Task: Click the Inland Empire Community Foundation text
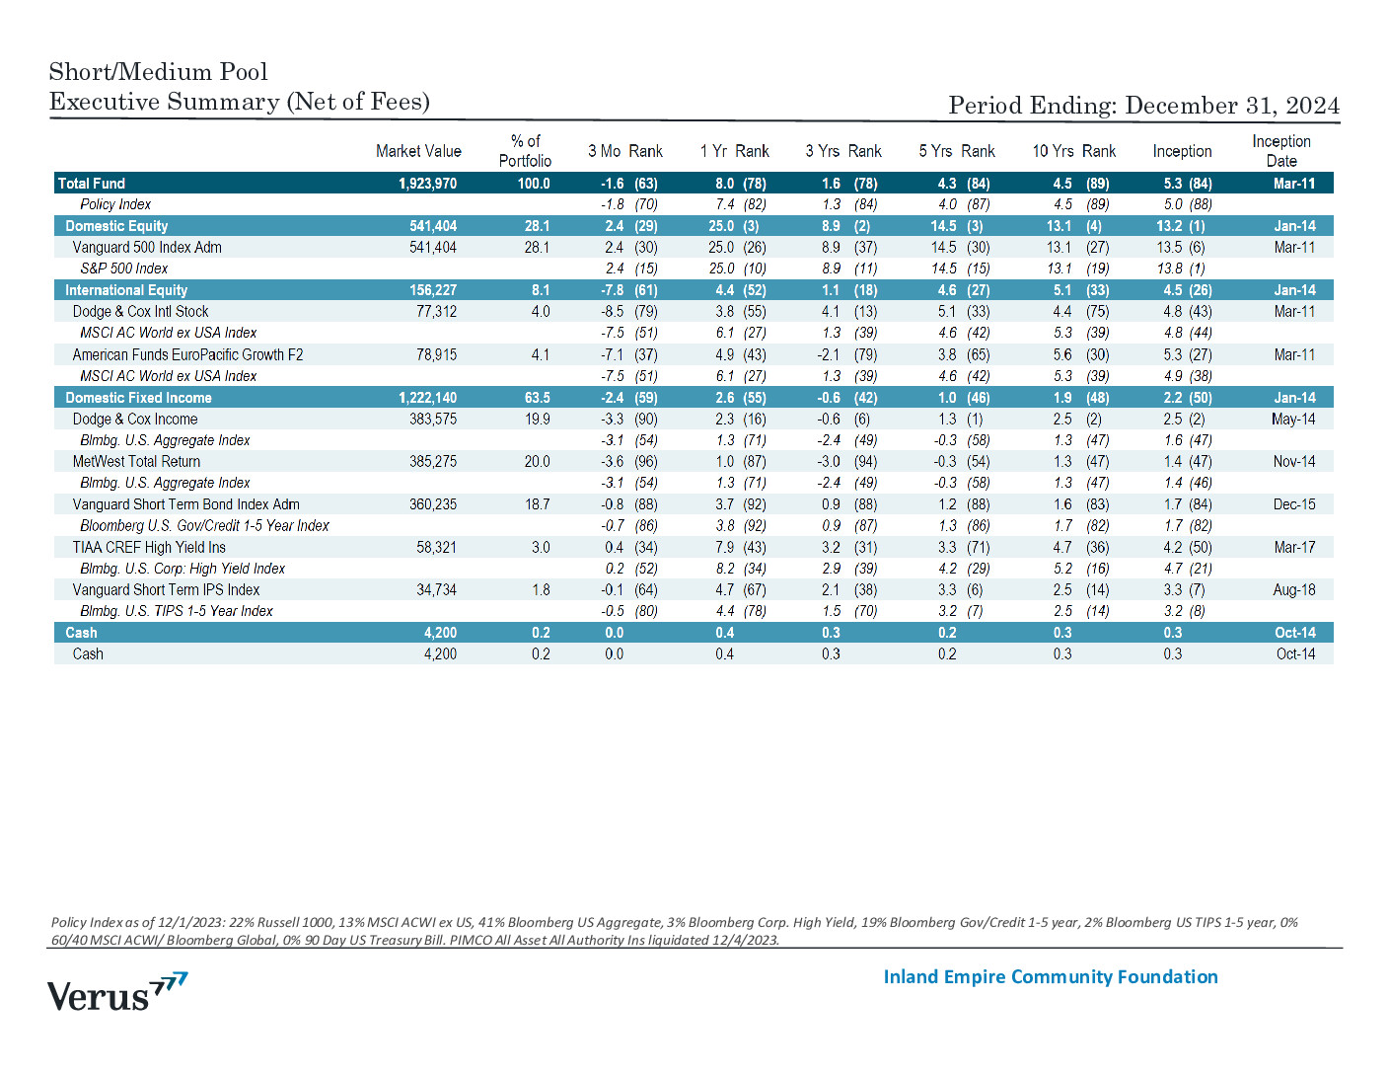pos(1051,977)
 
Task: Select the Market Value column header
pos(418,151)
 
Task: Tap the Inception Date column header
pos(1280,151)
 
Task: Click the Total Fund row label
pos(92,184)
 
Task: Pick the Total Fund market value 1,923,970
pos(427,184)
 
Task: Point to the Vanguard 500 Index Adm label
pos(147,247)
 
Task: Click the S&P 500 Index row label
pos(123,268)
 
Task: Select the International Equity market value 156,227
pos(433,290)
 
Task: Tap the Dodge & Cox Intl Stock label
pos(140,312)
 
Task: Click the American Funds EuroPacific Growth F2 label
pos(187,354)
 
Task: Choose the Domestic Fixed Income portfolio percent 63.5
pos(537,398)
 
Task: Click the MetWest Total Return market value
pos(433,461)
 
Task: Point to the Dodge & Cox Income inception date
pos(1293,419)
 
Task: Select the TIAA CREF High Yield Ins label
pos(149,548)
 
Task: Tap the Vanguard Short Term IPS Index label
pos(166,589)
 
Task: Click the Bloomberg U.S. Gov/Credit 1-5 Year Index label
pos(204,526)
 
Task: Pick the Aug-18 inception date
pos(1293,589)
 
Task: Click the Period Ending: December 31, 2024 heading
pos(1143,106)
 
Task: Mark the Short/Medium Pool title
pos(159,72)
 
